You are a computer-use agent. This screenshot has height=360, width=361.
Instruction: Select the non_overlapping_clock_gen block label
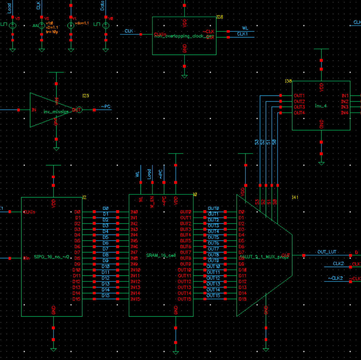pos(184,36)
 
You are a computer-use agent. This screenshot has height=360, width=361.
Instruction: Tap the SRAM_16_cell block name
pos(161,255)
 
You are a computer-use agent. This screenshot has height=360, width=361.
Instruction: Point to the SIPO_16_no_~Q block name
pos(51,257)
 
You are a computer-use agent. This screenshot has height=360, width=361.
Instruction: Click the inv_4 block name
pos(321,106)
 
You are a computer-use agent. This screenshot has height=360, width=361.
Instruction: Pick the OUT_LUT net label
pos(327,252)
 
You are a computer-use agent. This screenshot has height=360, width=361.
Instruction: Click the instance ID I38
pos(288,81)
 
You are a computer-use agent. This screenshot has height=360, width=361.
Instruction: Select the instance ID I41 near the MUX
pos(295,197)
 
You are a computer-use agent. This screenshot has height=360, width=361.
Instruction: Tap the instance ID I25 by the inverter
pos(85,96)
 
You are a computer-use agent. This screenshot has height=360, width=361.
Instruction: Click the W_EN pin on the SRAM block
pos(152,202)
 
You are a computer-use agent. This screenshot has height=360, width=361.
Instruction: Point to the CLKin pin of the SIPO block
pos(29,212)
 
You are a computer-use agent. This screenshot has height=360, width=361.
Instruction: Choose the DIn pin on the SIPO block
pos(27,258)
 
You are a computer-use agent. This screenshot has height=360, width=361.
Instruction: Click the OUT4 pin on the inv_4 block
pos(299,113)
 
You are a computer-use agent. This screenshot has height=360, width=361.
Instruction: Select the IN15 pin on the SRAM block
pos(135,299)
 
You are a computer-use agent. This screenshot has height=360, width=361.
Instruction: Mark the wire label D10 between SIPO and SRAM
pos(106,266)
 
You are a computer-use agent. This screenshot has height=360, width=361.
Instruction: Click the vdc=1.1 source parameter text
pos(82,23)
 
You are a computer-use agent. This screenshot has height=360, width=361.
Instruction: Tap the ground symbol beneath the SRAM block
pos(176,353)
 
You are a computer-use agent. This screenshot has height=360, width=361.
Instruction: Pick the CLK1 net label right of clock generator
pos(242,34)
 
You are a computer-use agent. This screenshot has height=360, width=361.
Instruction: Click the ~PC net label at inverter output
pos(106,107)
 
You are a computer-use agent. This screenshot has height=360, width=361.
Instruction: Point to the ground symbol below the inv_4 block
pos(321,163)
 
